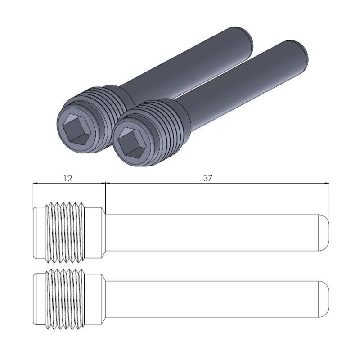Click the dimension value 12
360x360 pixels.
(67, 178)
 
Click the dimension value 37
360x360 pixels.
(207, 178)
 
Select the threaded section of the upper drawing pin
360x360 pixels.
(66, 232)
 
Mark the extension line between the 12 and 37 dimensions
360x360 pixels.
(105, 193)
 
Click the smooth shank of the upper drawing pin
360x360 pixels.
(211, 232)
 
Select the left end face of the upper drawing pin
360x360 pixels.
(35, 232)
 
